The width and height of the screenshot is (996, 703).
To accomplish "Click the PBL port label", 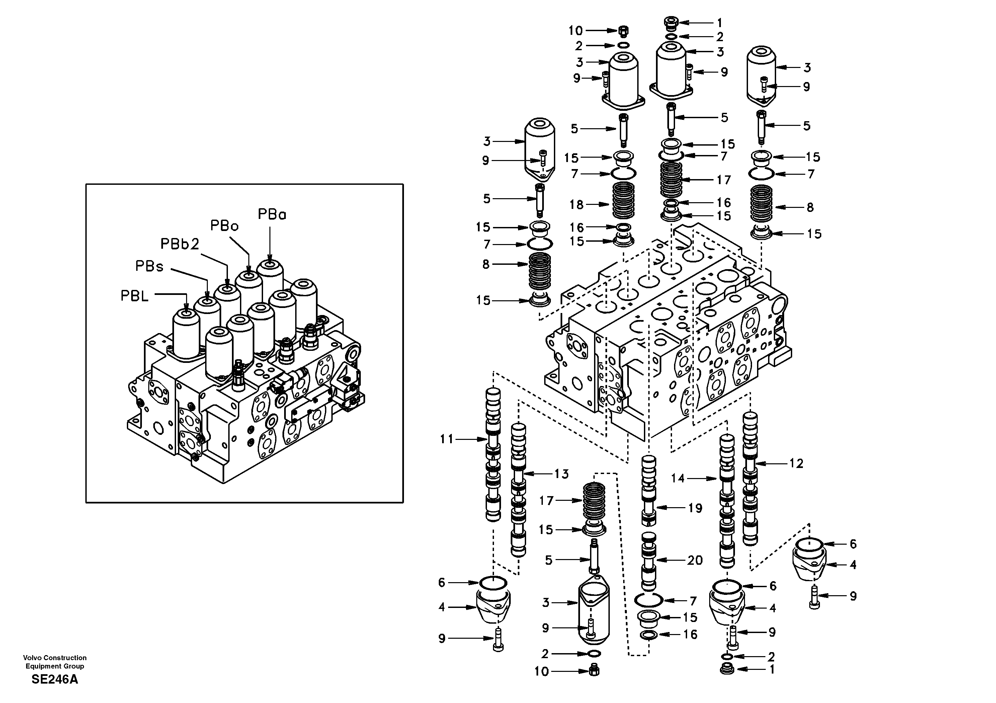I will click(x=135, y=296).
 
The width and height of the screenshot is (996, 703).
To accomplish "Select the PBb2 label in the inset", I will click(x=180, y=244).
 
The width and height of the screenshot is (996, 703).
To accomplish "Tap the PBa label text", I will click(x=272, y=214).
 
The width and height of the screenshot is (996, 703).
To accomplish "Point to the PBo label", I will click(x=224, y=226).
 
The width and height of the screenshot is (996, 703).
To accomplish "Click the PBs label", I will click(x=149, y=266).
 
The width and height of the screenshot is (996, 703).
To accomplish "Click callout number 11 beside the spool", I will click(x=446, y=439).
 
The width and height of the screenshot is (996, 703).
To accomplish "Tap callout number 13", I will click(x=561, y=474).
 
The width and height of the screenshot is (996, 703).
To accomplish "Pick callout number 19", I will click(x=695, y=508).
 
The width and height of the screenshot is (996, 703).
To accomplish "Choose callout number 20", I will click(x=694, y=560).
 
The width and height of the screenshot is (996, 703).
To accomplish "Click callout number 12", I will click(x=796, y=463).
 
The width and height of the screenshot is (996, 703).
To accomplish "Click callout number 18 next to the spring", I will click(x=577, y=205).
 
